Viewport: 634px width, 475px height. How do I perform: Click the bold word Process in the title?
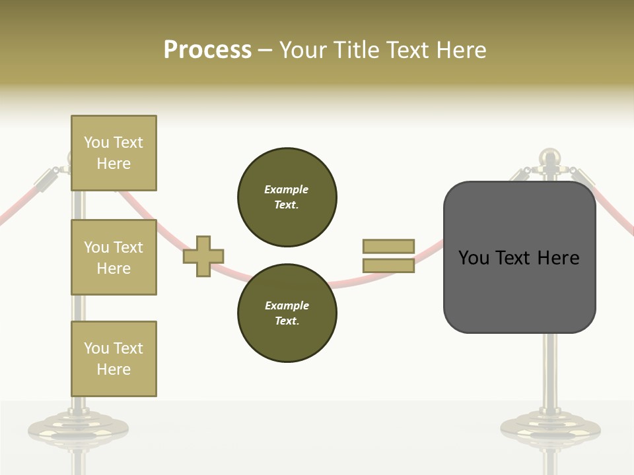[207, 50]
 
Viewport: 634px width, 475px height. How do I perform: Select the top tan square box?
[114, 153]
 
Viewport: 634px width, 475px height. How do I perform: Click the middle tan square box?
[114, 257]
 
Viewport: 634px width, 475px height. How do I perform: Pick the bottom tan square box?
[114, 359]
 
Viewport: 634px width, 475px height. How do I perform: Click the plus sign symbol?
[203, 256]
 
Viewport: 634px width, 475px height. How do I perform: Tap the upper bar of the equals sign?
[388, 246]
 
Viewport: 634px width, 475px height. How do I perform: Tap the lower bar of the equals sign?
[388, 266]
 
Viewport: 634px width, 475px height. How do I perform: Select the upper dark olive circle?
[287, 197]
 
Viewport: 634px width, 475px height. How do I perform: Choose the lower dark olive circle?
[287, 313]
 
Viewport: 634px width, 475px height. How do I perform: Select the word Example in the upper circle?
[286, 189]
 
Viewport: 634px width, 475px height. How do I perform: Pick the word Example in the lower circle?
[287, 305]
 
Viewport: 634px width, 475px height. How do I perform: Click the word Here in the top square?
[114, 164]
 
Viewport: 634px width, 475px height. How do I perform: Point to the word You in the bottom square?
[96, 348]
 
